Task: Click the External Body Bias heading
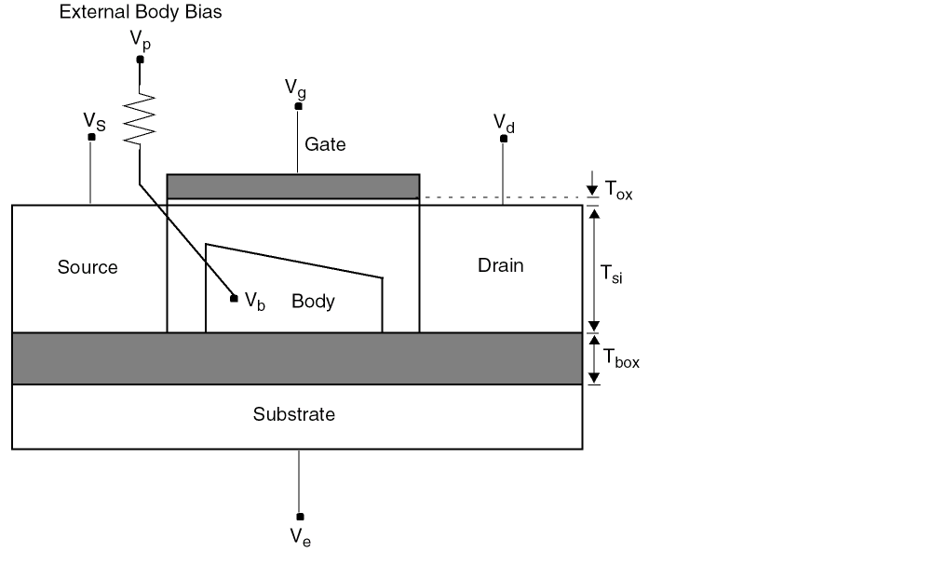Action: click(x=141, y=13)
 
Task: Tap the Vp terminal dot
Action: click(x=140, y=60)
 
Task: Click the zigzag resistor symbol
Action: click(x=140, y=118)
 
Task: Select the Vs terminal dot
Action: click(x=91, y=138)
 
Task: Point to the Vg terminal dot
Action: click(x=298, y=106)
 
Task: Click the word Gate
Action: click(x=325, y=144)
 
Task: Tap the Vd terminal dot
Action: click(x=504, y=139)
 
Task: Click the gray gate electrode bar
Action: click(x=293, y=186)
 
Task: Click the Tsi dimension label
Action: click(x=611, y=274)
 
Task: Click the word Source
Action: click(x=88, y=267)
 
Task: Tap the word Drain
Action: click(x=501, y=265)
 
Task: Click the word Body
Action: click(x=313, y=302)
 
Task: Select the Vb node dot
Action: click(x=234, y=298)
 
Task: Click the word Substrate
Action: click(x=293, y=414)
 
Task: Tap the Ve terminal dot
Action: click(x=299, y=516)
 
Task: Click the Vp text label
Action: click(x=141, y=40)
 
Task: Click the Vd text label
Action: click(x=504, y=122)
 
